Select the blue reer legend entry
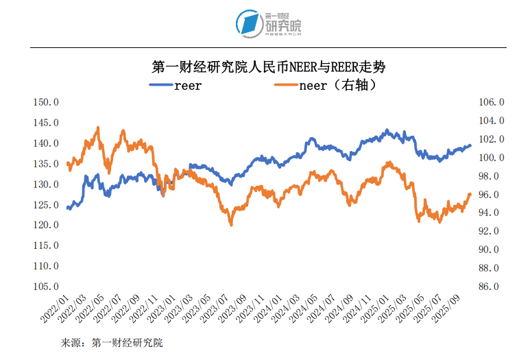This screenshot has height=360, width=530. tap(176, 86)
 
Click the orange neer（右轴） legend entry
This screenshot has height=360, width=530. tap(326, 86)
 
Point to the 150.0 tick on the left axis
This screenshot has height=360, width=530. tap(47, 102)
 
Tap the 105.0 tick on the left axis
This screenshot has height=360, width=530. tap(47, 286)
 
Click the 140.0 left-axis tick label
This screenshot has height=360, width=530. tap(47, 143)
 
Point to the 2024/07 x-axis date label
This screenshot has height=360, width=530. tap(337, 309)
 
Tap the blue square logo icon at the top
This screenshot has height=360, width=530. tap(248, 24)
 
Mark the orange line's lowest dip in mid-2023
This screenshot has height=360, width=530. tap(231, 224)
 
